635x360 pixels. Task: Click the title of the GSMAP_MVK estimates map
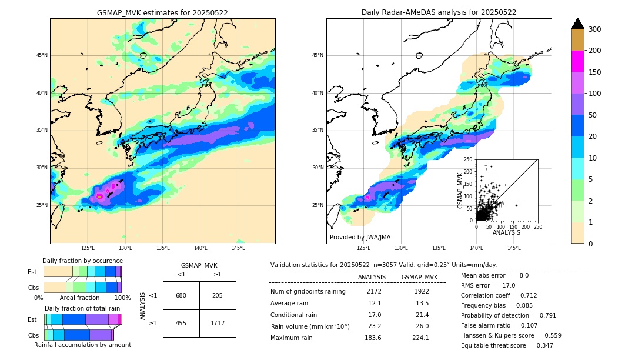pyautogui.click(x=162, y=12)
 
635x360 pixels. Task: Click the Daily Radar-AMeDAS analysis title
pyautogui.click(x=439, y=12)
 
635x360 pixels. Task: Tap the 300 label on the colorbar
pyautogui.click(x=595, y=29)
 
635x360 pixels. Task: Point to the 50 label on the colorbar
pyautogui.click(x=593, y=115)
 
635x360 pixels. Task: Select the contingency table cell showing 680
pyautogui.click(x=181, y=295)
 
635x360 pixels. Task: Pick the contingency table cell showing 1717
pyautogui.click(x=218, y=323)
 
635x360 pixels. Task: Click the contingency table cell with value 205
pyautogui.click(x=218, y=295)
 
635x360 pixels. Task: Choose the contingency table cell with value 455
pyautogui.click(x=181, y=323)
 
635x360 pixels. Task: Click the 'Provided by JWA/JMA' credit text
pyautogui.click(x=360, y=238)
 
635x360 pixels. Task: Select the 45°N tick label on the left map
pyautogui.click(x=42, y=55)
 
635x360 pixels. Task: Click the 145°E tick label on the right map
pyautogui.click(x=514, y=248)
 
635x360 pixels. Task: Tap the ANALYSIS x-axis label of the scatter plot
pyautogui.click(x=506, y=232)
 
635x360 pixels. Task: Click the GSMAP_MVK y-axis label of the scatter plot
pyautogui.click(x=460, y=189)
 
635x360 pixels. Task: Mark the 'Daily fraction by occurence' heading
pyautogui.click(x=82, y=261)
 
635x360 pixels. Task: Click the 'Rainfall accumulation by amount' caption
pyautogui.click(x=82, y=345)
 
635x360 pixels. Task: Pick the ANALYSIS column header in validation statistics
pyautogui.click(x=372, y=277)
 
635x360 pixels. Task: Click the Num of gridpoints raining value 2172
pyautogui.click(x=374, y=291)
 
